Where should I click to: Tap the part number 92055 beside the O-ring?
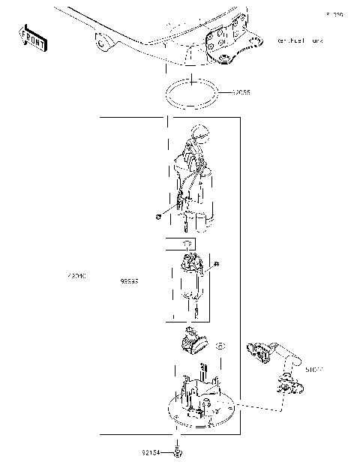point(241,92)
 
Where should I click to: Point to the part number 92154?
point(152,452)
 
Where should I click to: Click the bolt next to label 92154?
point(178,452)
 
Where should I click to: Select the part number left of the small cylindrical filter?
point(130,281)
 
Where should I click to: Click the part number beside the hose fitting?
point(313,370)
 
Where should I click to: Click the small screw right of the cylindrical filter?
point(216,263)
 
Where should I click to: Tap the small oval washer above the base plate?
point(220,346)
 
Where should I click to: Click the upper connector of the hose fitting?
point(259,349)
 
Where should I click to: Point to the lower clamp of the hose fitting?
point(288,382)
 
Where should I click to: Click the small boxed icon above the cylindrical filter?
point(188,244)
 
